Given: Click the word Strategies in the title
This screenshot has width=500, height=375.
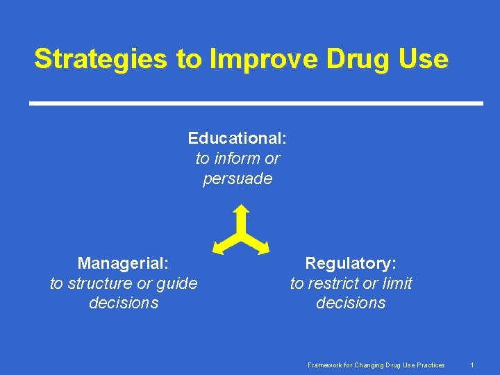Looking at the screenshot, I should (x=100, y=59).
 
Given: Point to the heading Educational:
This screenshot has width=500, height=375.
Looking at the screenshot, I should (x=237, y=138).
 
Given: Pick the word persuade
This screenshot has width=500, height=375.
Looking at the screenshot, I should (x=237, y=178).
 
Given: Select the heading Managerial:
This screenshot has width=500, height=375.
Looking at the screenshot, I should (x=124, y=263).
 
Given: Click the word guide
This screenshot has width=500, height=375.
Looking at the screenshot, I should (x=178, y=283).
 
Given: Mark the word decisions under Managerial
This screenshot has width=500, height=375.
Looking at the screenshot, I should (x=124, y=303).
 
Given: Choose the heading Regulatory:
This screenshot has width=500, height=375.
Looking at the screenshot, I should (x=351, y=263).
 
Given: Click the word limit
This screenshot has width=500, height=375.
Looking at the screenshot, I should (x=397, y=283).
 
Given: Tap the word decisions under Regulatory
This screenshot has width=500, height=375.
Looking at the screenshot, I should (x=351, y=303).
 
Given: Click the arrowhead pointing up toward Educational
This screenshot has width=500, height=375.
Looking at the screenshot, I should (x=241, y=209).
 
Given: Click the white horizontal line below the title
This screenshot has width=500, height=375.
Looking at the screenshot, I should (x=256, y=103).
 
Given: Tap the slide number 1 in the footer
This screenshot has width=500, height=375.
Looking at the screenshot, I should (x=472, y=365).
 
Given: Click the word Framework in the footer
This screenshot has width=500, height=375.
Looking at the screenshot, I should (x=325, y=365).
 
